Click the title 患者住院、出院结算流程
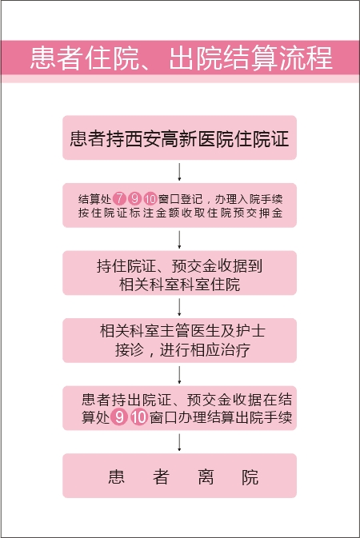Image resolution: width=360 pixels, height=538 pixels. [x=181, y=58]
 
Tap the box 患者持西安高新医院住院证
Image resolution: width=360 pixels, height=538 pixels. [x=179, y=137]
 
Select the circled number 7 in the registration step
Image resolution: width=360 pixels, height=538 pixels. [x=119, y=198]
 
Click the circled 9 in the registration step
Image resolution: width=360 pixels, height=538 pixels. [x=134, y=198]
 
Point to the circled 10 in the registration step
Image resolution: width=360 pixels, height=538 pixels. [x=150, y=198]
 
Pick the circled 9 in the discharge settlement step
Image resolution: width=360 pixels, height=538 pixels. [x=119, y=416]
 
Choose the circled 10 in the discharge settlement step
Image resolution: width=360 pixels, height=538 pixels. [x=138, y=416]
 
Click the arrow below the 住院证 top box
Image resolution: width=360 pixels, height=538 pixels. [x=179, y=172]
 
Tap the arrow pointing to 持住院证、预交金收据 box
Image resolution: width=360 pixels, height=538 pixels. [x=179, y=240]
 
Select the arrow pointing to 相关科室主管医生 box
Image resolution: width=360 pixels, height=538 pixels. [x=179, y=307]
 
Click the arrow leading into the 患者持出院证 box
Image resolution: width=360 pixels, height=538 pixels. [x=179, y=375]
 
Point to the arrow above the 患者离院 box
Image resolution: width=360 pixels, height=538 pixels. [x=179, y=442]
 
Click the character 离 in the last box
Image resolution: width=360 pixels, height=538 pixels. [x=206, y=476]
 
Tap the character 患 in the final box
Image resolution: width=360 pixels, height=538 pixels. [x=116, y=476]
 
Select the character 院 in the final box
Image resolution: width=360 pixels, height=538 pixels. [x=250, y=476]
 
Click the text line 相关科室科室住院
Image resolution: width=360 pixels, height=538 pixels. [x=179, y=285]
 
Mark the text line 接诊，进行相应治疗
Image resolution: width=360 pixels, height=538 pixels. [x=182, y=350]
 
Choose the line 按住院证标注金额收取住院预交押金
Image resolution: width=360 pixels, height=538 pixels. [x=180, y=213]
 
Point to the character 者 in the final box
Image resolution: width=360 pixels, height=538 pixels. [x=161, y=476]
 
